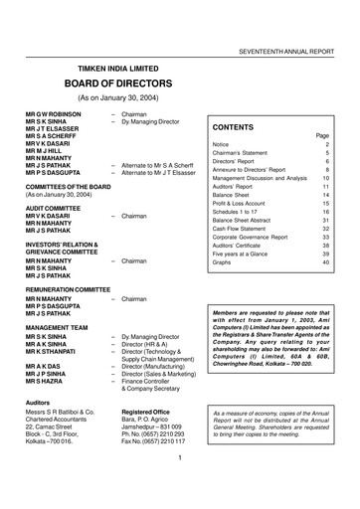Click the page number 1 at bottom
(x=176, y=486)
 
